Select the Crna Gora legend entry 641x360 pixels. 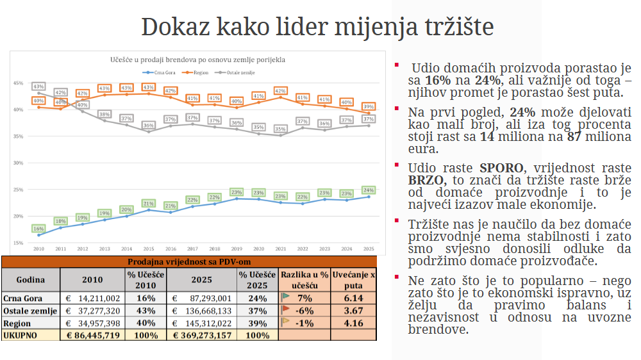[x=161, y=72]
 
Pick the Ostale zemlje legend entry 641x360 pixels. [x=239, y=72]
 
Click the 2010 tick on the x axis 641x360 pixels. [x=38, y=249]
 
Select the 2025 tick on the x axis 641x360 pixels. [x=369, y=249]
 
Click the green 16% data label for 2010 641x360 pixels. [x=38, y=229]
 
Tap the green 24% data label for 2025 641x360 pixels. [x=369, y=190]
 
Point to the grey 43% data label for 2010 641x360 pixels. [x=38, y=86]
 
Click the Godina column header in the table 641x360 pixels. [x=30, y=280]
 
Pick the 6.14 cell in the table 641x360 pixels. [x=354, y=298]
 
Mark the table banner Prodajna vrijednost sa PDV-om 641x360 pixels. [x=188, y=261]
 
